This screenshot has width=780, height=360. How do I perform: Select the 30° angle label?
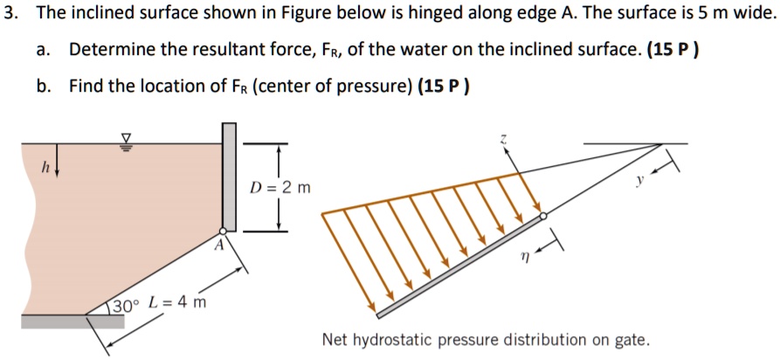[x=125, y=306]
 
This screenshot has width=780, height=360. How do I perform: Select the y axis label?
[x=639, y=181]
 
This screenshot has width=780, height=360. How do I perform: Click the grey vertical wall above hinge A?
[x=229, y=175]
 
